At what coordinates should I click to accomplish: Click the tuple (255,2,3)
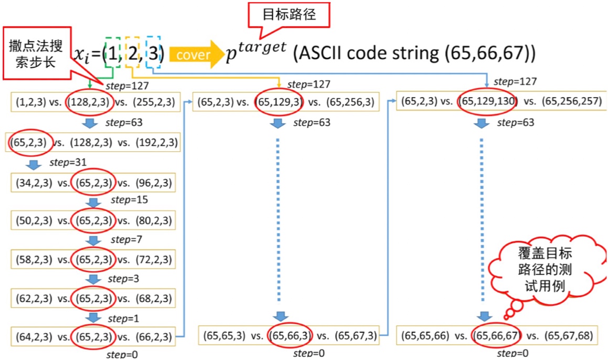(155, 101)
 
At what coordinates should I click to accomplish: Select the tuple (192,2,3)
(157, 142)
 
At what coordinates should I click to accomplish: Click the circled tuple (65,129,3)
(278, 102)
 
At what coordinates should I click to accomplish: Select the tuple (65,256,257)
(572, 101)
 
